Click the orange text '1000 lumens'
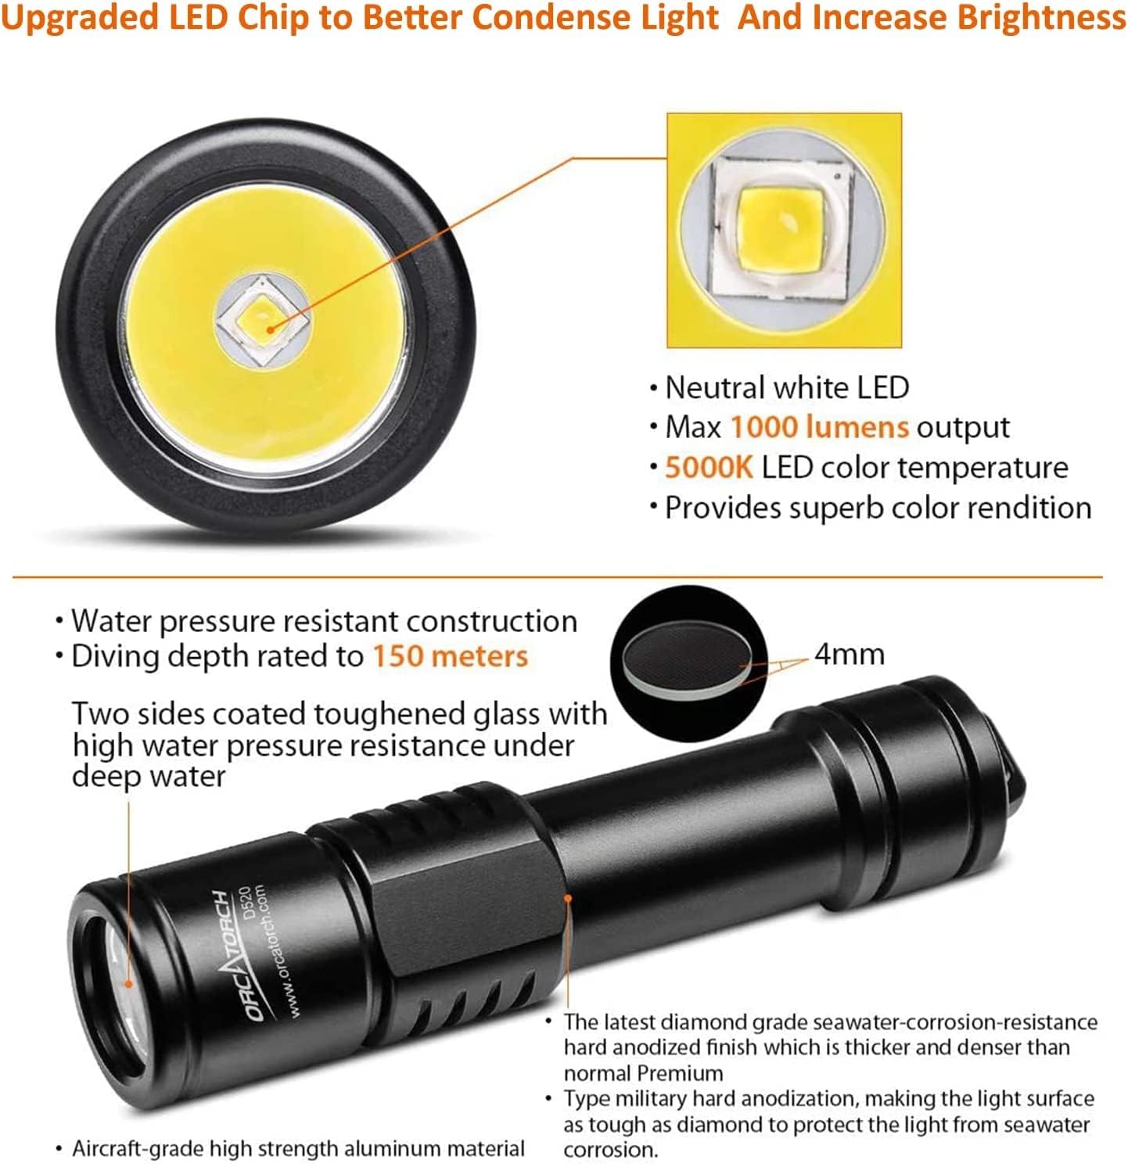click(x=819, y=427)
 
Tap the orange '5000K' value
click(x=709, y=467)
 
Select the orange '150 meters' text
click(x=451, y=656)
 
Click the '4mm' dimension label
click(x=850, y=655)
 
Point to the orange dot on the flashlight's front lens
click(x=128, y=983)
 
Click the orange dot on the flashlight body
click(x=568, y=898)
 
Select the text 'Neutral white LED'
click(x=787, y=387)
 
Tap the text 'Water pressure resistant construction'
click(x=324, y=621)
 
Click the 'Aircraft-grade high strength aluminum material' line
click(x=299, y=1148)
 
